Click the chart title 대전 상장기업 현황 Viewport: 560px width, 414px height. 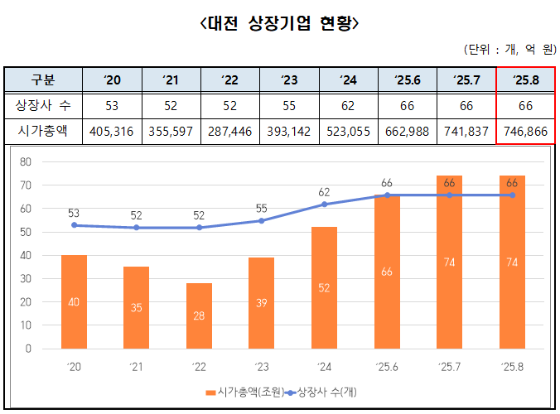(280, 24)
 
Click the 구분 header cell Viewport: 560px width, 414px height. (43, 80)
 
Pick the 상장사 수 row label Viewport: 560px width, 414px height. (43, 105)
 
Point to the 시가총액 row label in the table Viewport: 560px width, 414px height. (43, 131)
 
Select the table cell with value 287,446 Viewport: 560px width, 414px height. (230, 131)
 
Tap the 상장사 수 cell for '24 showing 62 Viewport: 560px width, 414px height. (348, 105)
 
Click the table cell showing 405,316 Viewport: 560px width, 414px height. (113, 131)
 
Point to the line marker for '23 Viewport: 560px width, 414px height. (261, 220)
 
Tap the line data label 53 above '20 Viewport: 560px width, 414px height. (74, 213)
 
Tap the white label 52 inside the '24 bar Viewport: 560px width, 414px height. (324, 287)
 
